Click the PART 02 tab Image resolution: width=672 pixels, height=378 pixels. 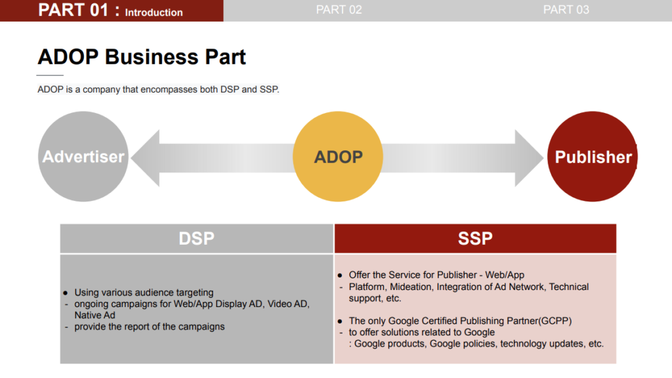tap(339, 10)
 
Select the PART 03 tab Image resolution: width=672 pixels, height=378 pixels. tap(566, 10)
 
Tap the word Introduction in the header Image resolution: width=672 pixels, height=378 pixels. tap(154, 12)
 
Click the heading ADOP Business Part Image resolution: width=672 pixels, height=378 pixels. tap(142, 57)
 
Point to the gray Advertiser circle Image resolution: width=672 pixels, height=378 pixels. tap(83, 156)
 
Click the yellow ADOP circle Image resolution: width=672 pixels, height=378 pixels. tap(338, 156)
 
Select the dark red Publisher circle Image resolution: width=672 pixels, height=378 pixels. tap(593, 156)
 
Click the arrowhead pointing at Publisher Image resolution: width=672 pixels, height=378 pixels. tap(528, 158)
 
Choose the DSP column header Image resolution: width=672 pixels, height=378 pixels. tap(197, 238)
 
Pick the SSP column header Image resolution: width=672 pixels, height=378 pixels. tap(475, 238)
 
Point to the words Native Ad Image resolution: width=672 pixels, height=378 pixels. tap(94, 316)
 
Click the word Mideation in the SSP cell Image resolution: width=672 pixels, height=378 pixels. tap(410, 287)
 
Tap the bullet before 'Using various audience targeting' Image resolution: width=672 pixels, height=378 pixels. tap(65, 293)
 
